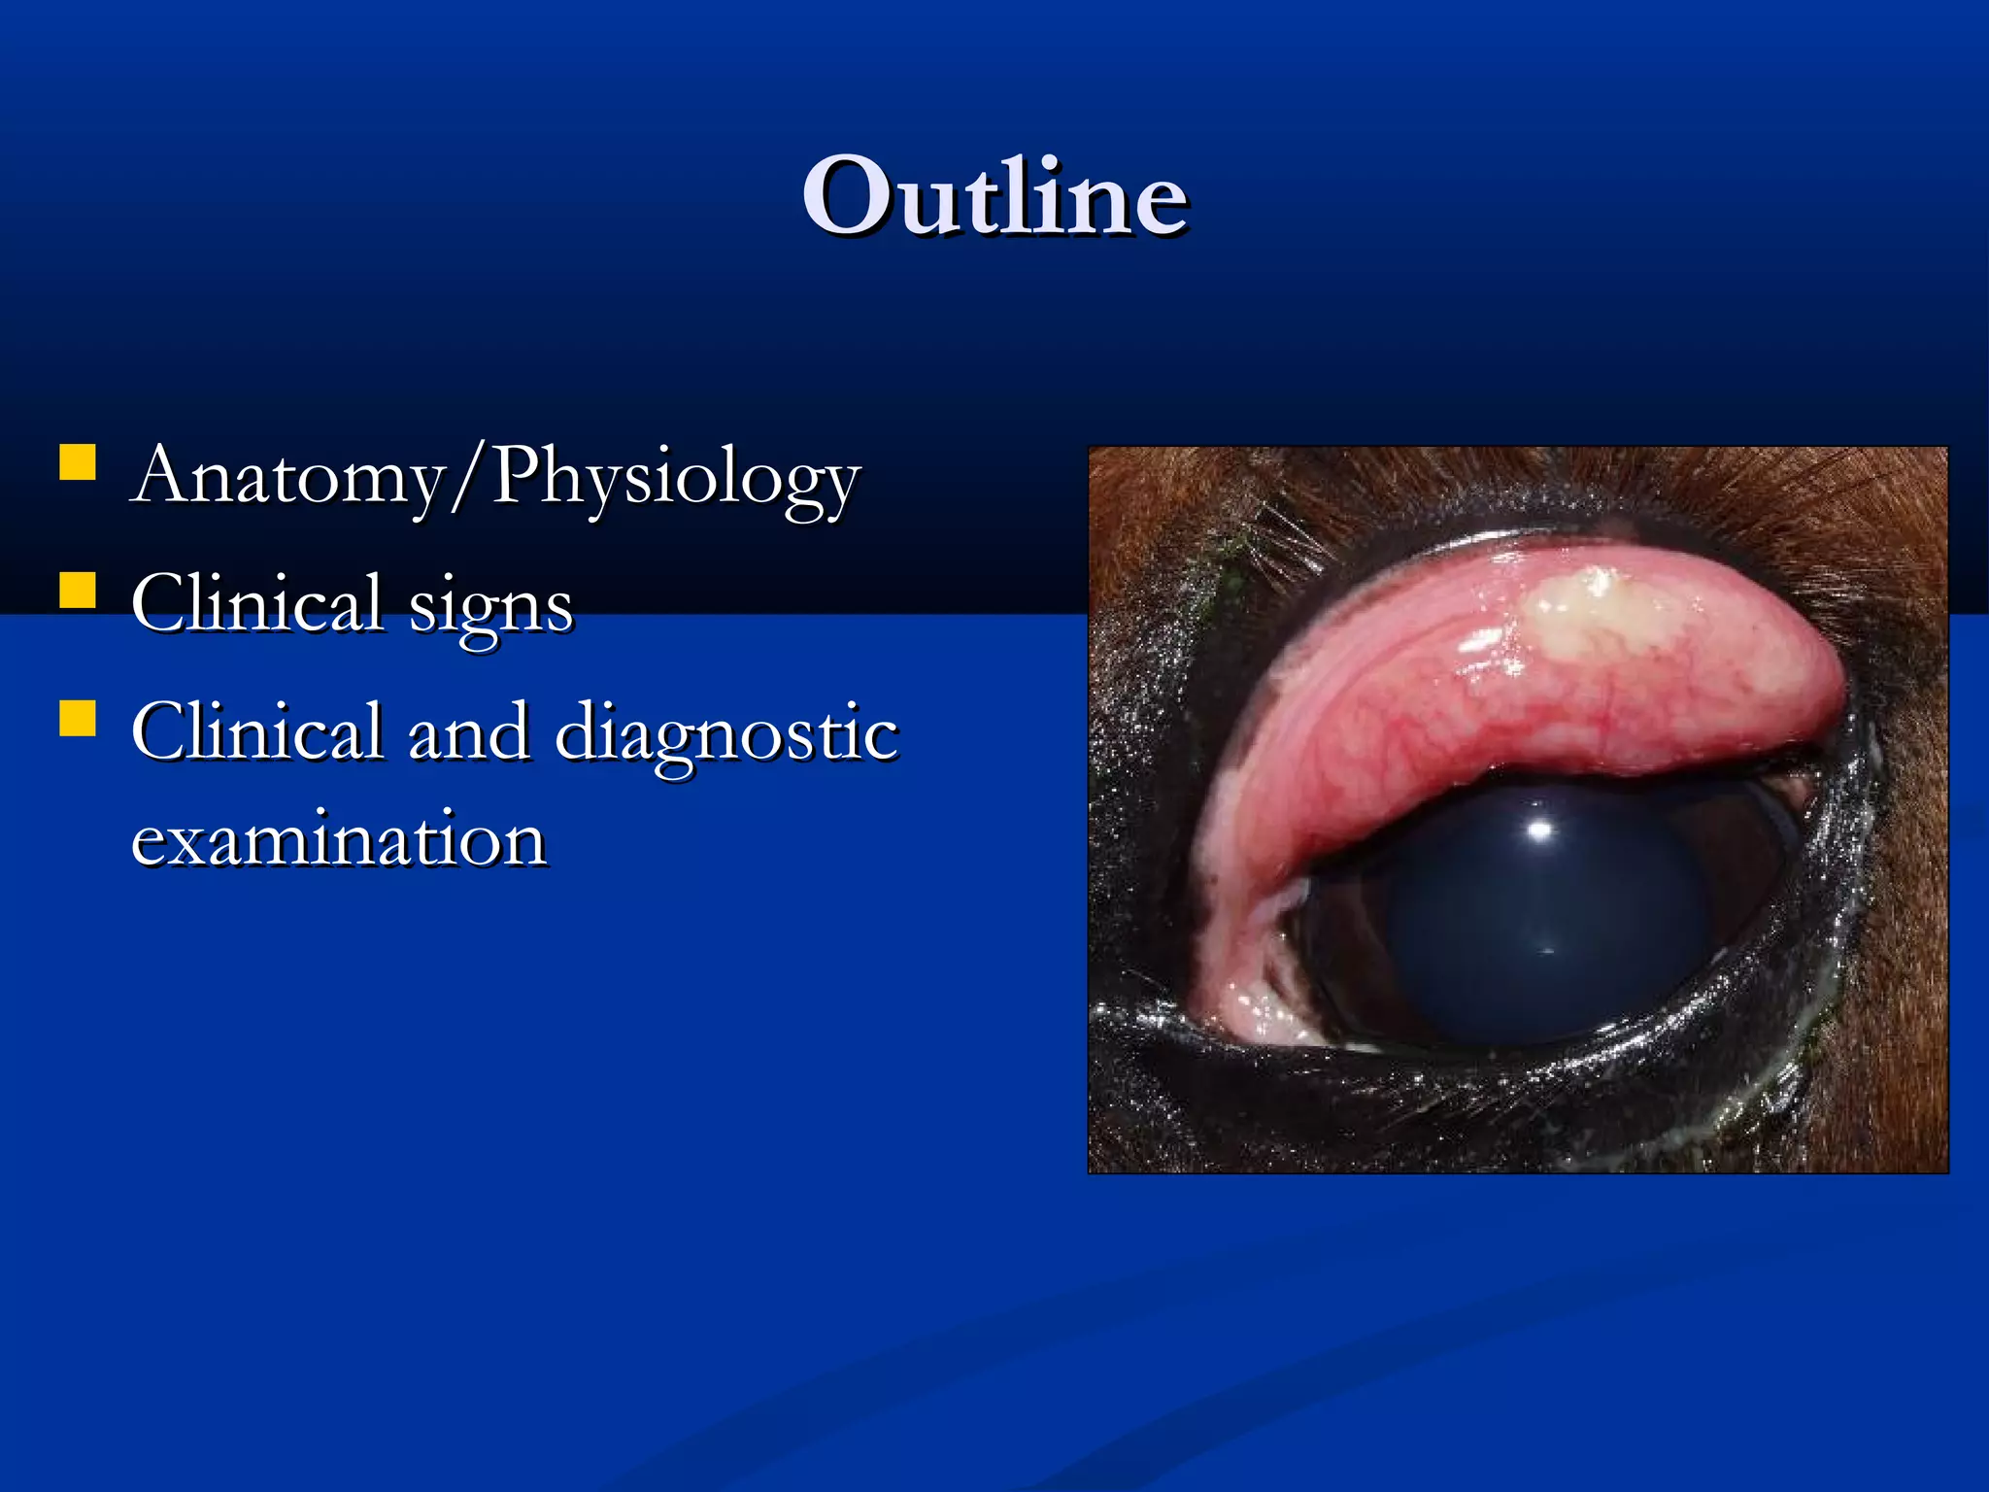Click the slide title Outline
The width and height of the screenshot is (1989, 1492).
click(x=994, y=197)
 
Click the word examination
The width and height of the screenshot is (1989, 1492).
click(x=338, y=839)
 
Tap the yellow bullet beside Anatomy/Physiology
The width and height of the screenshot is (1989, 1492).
click(x=78, y=462)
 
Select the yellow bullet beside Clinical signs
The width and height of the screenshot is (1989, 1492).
click(x=78, y=590)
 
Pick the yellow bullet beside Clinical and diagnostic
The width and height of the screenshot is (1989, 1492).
click(x=78, y=718)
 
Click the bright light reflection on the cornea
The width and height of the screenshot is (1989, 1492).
click(x=1540, y=829)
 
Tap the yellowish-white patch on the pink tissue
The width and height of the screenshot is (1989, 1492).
click(x=1593, y=612)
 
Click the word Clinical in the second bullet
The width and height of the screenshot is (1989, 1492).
click(x=256, y=604)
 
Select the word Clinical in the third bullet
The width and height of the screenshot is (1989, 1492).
click(x=256, y=732)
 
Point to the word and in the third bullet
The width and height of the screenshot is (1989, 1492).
click(x=469, y=732)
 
